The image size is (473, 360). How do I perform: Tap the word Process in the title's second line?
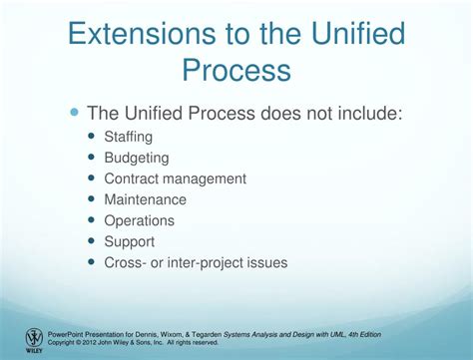click(x=236, y=70)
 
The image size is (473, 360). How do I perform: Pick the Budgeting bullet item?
click(x=137, y=158)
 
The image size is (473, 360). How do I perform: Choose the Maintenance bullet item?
click(x=145, y=199)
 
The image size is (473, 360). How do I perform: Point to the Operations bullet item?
click(x=139, y=220)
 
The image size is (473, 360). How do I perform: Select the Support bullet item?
click(x=130, y=241)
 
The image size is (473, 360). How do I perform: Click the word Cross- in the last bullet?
click(x=127, y=262)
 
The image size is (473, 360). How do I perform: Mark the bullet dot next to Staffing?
click(x=93, y=137)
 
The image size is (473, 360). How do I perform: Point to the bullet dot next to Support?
click(x=93, y=241)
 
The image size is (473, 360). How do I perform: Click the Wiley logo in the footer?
click(x=34, y=338)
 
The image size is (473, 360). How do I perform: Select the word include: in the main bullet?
click(x=370, y=113)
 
